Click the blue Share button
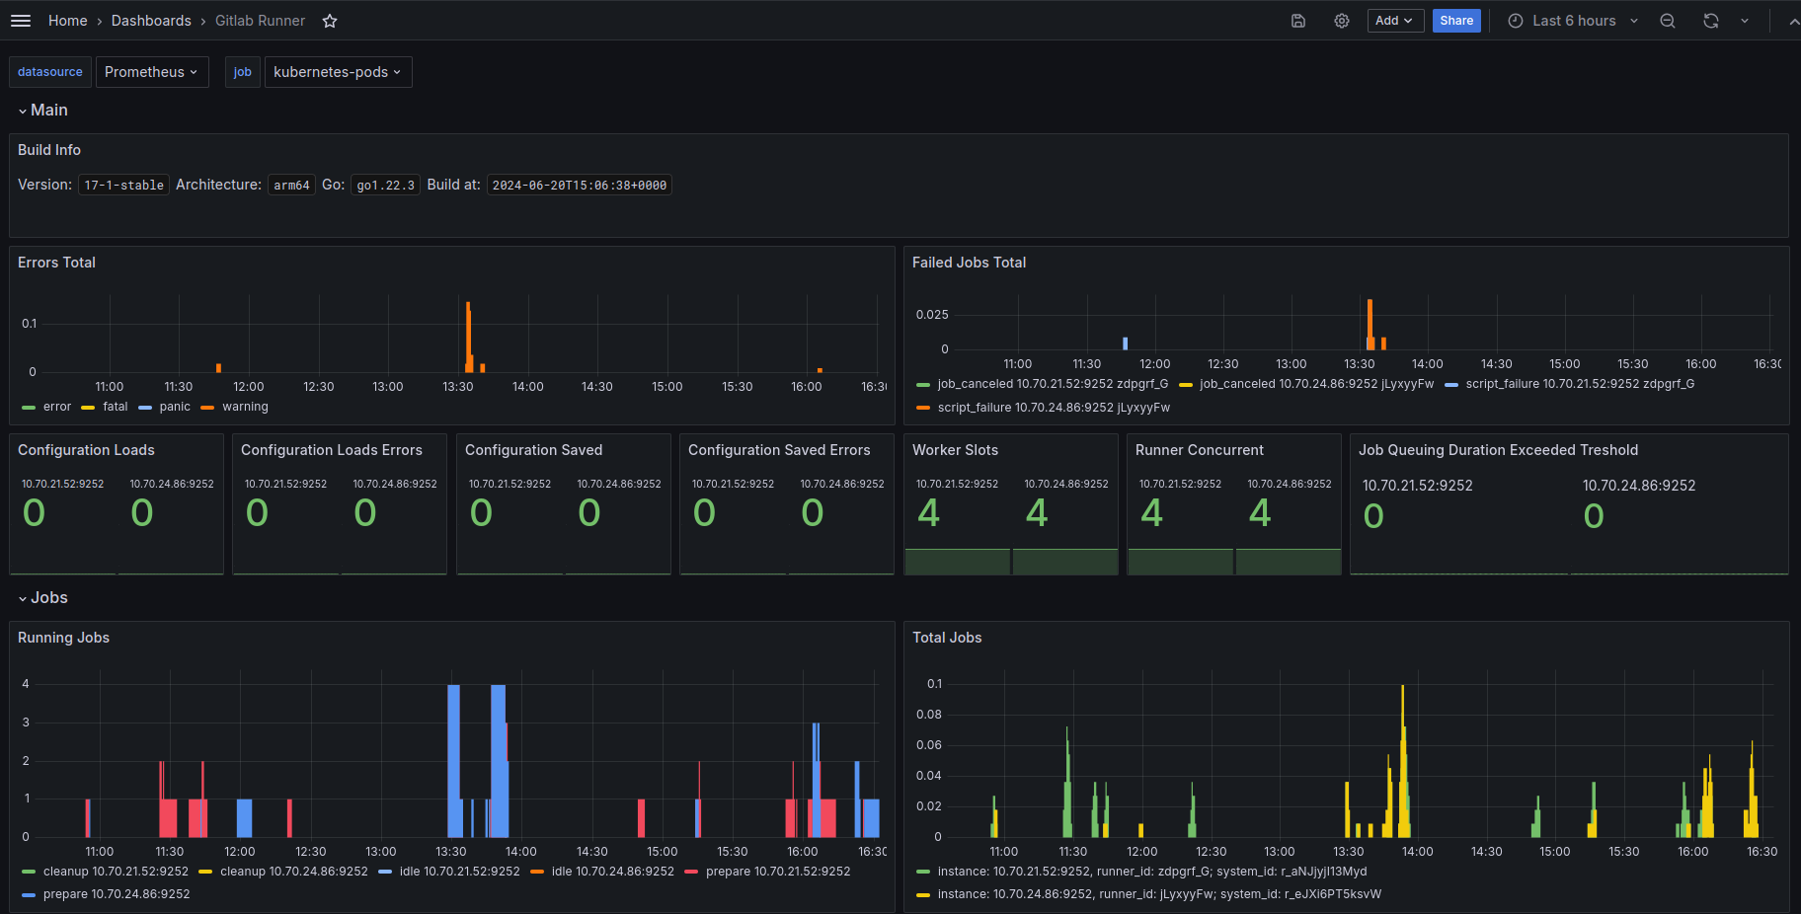[x=1456, y=21]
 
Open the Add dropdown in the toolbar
[x=1394, y=21]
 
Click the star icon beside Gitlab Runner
[x=330, y=21]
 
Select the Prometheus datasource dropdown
[x=152, y=72]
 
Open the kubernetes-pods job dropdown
[x=338, y=72]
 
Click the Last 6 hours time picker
[x=1574, y=21]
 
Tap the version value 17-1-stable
[x=124, y=186]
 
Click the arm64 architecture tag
[x=292, y=186]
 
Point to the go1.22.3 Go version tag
[x=386, y=186]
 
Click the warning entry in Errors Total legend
[x=245, y=407]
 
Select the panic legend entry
[x=175, y=407]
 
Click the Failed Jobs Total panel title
[x=969, y=263]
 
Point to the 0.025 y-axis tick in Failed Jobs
[x=932, y=315]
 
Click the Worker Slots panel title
[x=955, y=450]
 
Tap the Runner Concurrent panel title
[x=1200, y=450]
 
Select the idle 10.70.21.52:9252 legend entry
[x=459, y=872]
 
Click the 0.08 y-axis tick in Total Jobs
[x=929, y=715]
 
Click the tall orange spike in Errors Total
[x=468, y=337]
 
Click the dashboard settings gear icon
[x=1342, y=21]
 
